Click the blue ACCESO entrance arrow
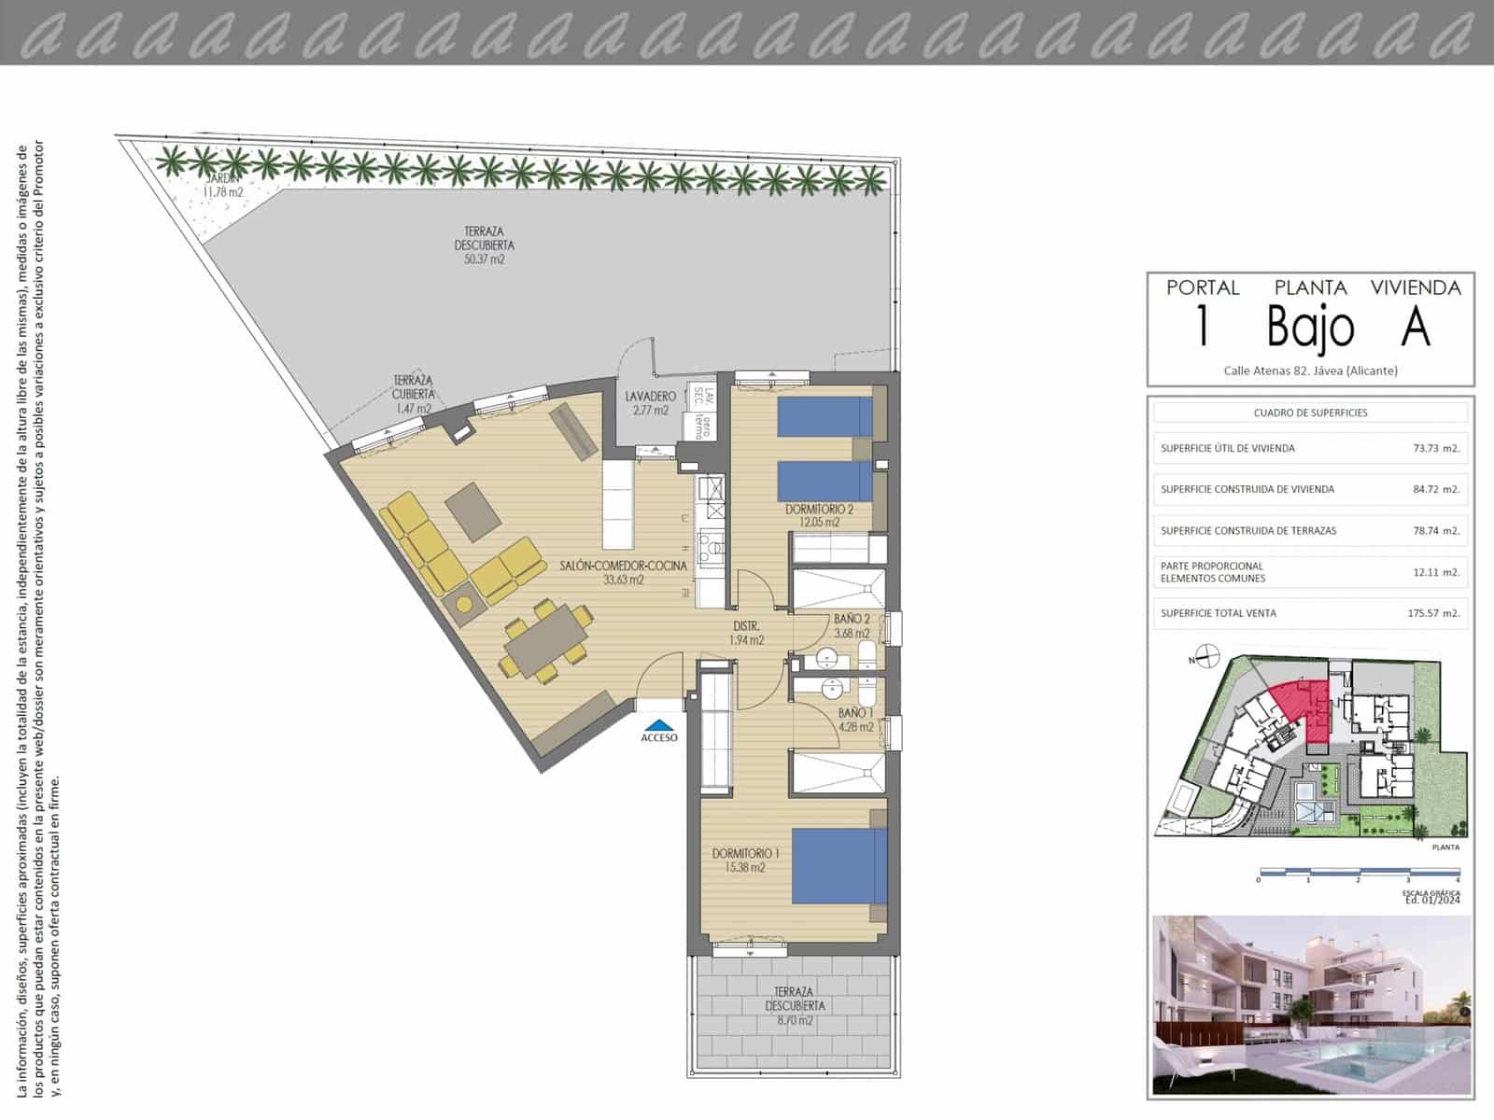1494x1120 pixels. pos(659,724)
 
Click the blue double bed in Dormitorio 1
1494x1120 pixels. pos(839,865)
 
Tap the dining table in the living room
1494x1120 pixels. pos(545,638)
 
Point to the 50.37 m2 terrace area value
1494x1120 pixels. pos(484,260)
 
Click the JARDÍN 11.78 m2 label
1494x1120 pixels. pos(223,186)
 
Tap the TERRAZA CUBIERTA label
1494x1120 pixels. pos(412,394)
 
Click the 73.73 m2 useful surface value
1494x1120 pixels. pos(1435,448)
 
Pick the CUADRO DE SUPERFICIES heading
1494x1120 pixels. pos(1310,413)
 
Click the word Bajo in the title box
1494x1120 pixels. pos(1310,327)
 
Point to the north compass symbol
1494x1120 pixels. pos(1206,657)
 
